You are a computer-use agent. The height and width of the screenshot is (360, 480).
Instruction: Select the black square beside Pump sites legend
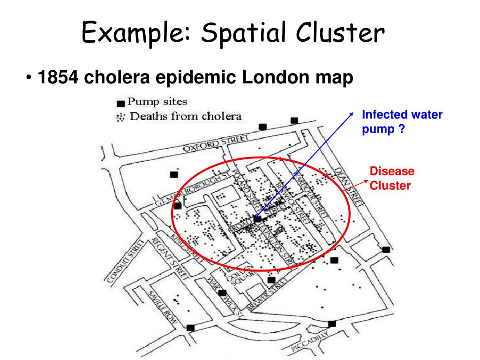point(120,103)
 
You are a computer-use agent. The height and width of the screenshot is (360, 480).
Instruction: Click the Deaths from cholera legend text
point(186,116)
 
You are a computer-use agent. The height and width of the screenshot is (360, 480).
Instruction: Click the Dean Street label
point(349,187)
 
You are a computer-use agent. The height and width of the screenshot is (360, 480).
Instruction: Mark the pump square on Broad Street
point(257,218)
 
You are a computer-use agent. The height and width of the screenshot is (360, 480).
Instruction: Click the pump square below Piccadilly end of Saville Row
point(191,328)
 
